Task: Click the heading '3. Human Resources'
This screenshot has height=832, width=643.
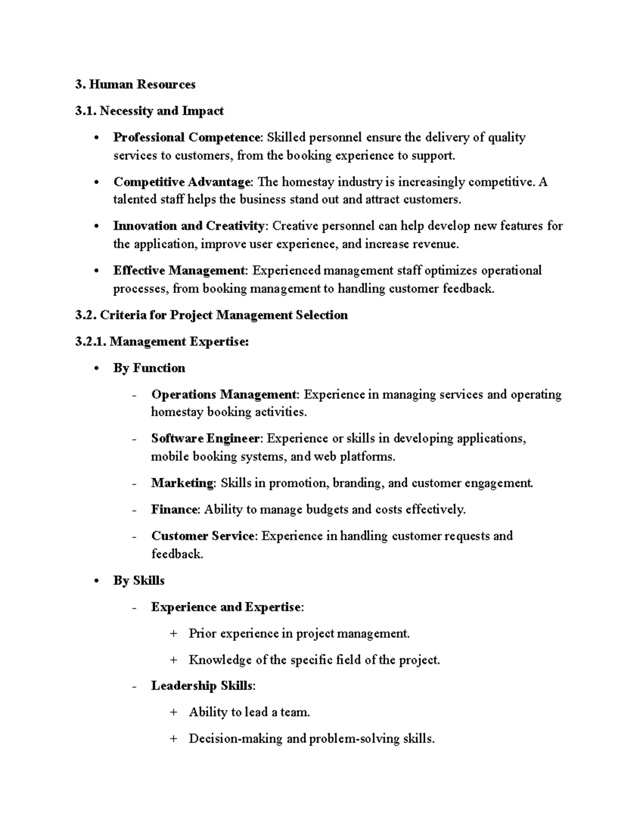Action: click(x=136, y=85)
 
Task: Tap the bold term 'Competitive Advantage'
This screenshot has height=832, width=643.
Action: click(x=182, y=182)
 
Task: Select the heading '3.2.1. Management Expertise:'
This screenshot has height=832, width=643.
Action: click(x=162, y=342)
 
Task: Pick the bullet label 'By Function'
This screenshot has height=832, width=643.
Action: click(x=149, y=368)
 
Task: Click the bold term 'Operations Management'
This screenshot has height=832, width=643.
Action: click(x=223, y=395)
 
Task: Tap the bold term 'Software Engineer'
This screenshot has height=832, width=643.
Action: click(x=206, y=439)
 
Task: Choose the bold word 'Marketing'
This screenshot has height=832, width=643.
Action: click(x=182, y=483)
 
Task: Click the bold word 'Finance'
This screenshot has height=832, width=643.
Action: click(x=175, y=509)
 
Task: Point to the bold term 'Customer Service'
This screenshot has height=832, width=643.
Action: click(x=203, y=536)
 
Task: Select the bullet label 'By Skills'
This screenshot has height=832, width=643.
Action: click(x=139, y=581)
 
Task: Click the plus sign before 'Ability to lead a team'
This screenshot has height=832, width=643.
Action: click(x=173, y=713)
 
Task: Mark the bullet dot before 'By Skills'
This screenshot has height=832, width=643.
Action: click(x=96, y=581)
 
